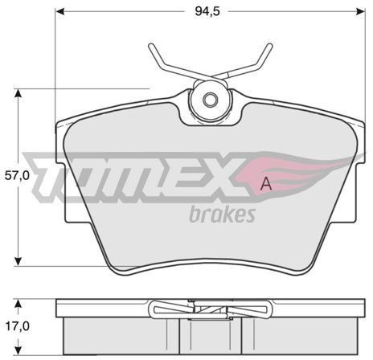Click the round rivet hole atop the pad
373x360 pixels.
(x=210, y=101)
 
